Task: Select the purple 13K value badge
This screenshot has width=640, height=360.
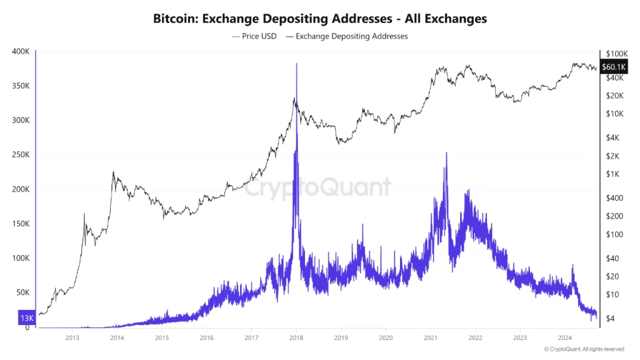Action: pos(26,317)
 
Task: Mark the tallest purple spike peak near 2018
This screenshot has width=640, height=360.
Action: pos(296,64)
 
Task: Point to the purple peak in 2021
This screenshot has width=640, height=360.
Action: pos(446,152)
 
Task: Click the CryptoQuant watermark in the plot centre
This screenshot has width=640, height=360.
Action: pos(317,187)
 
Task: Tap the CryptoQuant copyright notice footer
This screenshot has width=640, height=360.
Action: pos(583,349)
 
